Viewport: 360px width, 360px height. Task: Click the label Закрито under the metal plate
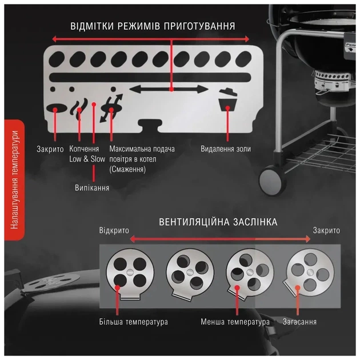coord(50,149)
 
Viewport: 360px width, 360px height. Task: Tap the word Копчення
coord(84,149)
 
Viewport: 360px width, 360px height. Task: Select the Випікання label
coord(92,188)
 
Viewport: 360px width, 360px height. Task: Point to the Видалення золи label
coord(226,149)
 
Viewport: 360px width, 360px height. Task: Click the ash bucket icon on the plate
coord(228,101)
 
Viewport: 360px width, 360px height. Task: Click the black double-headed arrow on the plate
coord(169,89)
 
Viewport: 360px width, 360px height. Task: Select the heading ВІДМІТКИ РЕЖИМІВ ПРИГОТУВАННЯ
coord(153,26)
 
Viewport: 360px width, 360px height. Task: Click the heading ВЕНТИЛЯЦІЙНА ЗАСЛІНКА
coord(218,222)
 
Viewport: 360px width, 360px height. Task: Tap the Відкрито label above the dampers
coord(114,230)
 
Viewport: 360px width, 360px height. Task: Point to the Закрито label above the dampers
coord(326,230)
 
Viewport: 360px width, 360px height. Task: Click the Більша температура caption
coord(133,322)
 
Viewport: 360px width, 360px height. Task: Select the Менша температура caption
coord(235,322)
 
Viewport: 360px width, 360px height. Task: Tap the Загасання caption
coord(299,322)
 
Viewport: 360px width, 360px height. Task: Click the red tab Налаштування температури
coord(14,180)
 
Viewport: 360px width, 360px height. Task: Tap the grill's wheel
coord(270,179)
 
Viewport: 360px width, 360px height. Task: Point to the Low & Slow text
coord(87,159)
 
